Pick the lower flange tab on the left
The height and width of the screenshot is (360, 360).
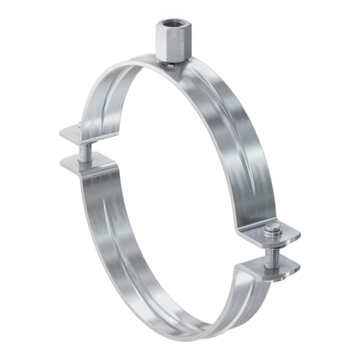click(x=79, y=162)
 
